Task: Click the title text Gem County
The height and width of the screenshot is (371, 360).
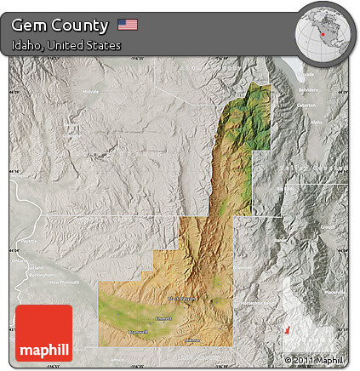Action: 60,25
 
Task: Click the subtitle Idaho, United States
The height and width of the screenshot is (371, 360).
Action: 66,44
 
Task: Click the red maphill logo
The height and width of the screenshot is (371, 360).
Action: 44,333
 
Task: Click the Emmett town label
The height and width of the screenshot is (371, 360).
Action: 164,318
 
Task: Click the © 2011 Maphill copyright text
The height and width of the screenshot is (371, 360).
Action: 317,361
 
